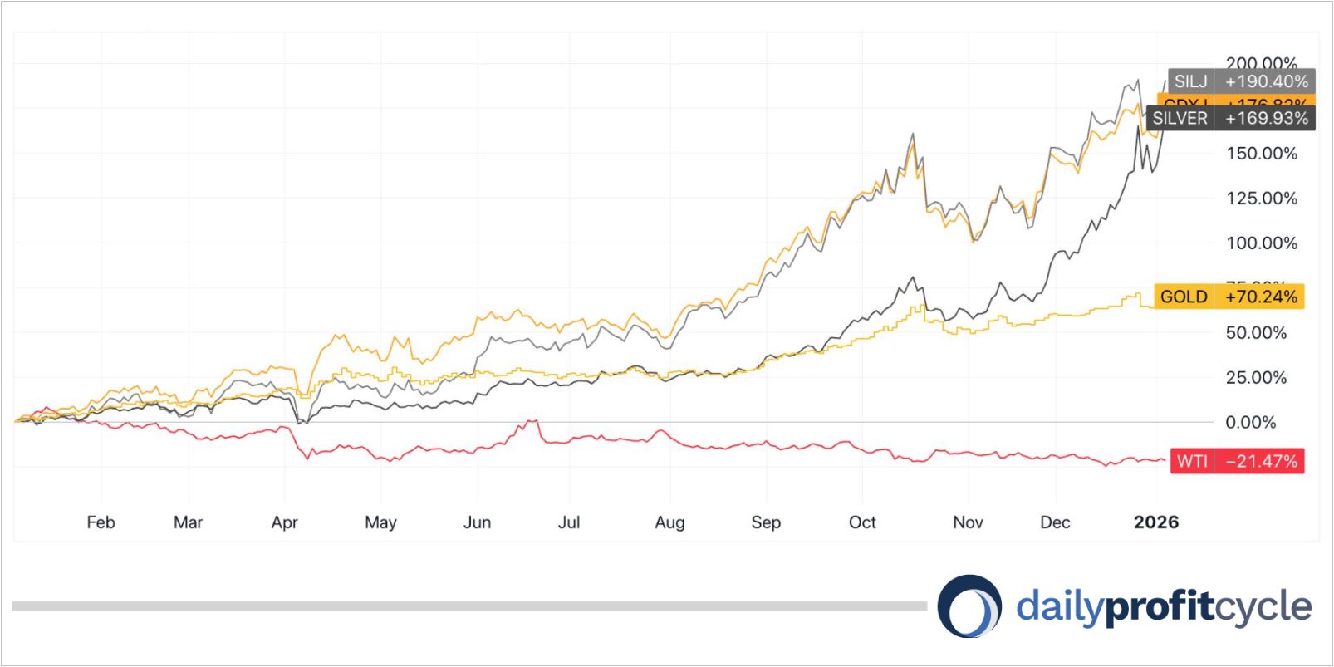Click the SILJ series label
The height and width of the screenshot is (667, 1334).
click(x=1190, y=81)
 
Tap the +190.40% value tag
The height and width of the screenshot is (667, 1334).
click(x=1266, y=81)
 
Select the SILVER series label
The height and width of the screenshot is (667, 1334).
click(x=1180, y=118)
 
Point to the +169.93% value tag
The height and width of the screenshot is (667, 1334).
click(x=1266, y=118)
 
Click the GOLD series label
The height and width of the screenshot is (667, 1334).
click(x=1184, y=297)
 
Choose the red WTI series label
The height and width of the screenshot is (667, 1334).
click(x=1191, y=461)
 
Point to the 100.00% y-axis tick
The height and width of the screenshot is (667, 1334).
click(x=1262, y=243)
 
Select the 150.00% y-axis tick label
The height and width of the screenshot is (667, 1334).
click(x=1262, y=154)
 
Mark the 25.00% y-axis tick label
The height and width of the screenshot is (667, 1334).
click(x=1256, y=377)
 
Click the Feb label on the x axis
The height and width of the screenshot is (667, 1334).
click(x=101, y=522)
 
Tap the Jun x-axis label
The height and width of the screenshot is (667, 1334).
click(x=477, y=522)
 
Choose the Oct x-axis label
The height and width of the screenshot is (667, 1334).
click(x=862, y=522)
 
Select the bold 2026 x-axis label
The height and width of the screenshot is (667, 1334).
click(x=1156, y=522)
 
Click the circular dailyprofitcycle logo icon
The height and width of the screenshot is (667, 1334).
click(x=969, y=606)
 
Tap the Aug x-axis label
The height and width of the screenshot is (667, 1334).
click(x=669, y=522)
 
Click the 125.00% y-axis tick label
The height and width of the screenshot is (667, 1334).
click(x=1262, y=199)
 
